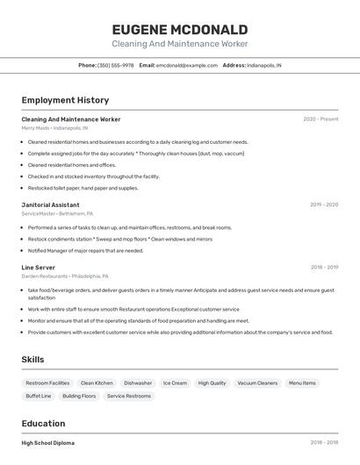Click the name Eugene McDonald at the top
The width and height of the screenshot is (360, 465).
179,30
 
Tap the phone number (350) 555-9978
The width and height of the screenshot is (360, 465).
115,65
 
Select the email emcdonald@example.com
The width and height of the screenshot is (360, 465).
187,65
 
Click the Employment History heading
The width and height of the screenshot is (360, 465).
65,100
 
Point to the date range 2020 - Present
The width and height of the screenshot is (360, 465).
320,119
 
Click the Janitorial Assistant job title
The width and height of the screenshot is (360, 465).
50,204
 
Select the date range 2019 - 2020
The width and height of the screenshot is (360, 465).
323,204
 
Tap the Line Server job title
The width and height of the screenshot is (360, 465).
39,268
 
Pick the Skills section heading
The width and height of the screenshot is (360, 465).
32,360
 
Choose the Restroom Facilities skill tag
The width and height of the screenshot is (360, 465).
47,383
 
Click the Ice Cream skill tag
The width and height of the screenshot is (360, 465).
175,383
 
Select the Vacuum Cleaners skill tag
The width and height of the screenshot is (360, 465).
257,383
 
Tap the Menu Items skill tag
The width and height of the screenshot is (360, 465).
302,383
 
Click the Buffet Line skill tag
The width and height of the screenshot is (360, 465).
39,397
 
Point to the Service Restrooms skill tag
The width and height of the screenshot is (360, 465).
129,397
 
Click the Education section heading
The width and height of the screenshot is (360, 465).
43,424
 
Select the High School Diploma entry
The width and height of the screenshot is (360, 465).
48,443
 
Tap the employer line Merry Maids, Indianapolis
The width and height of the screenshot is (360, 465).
54,128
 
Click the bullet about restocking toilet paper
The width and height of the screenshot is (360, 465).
83,188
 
